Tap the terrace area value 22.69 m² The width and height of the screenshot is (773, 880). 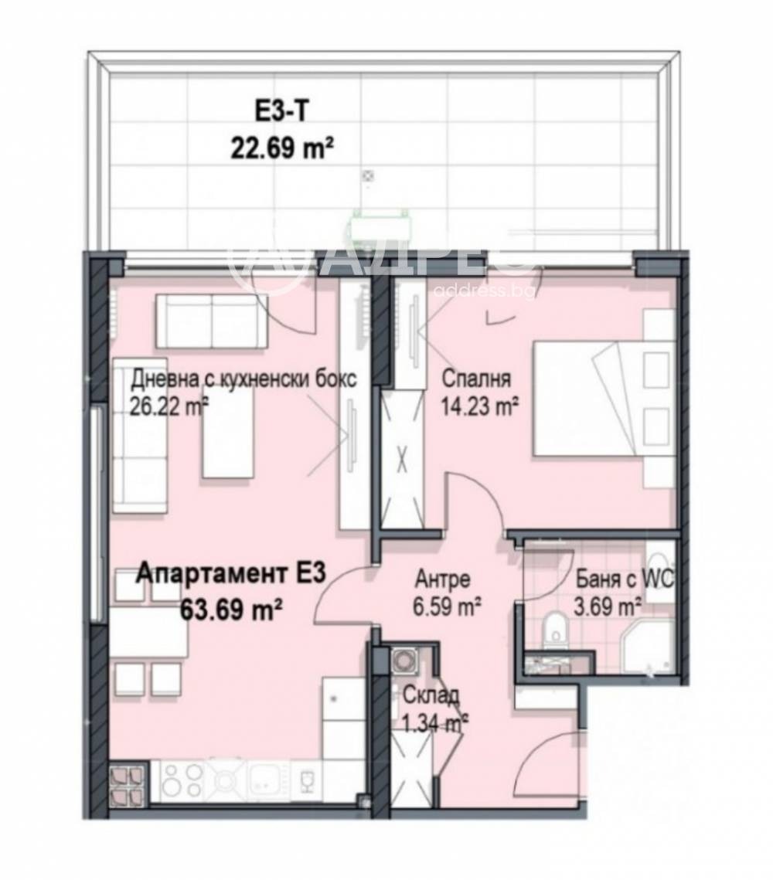[x=282, y=146]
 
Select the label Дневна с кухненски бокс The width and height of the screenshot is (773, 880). [x=243, y=379]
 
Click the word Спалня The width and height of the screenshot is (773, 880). [x=476, y=379]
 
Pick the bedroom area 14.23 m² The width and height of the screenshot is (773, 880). [x=479, y=405]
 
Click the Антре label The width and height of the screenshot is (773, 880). [x=442, y=579]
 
